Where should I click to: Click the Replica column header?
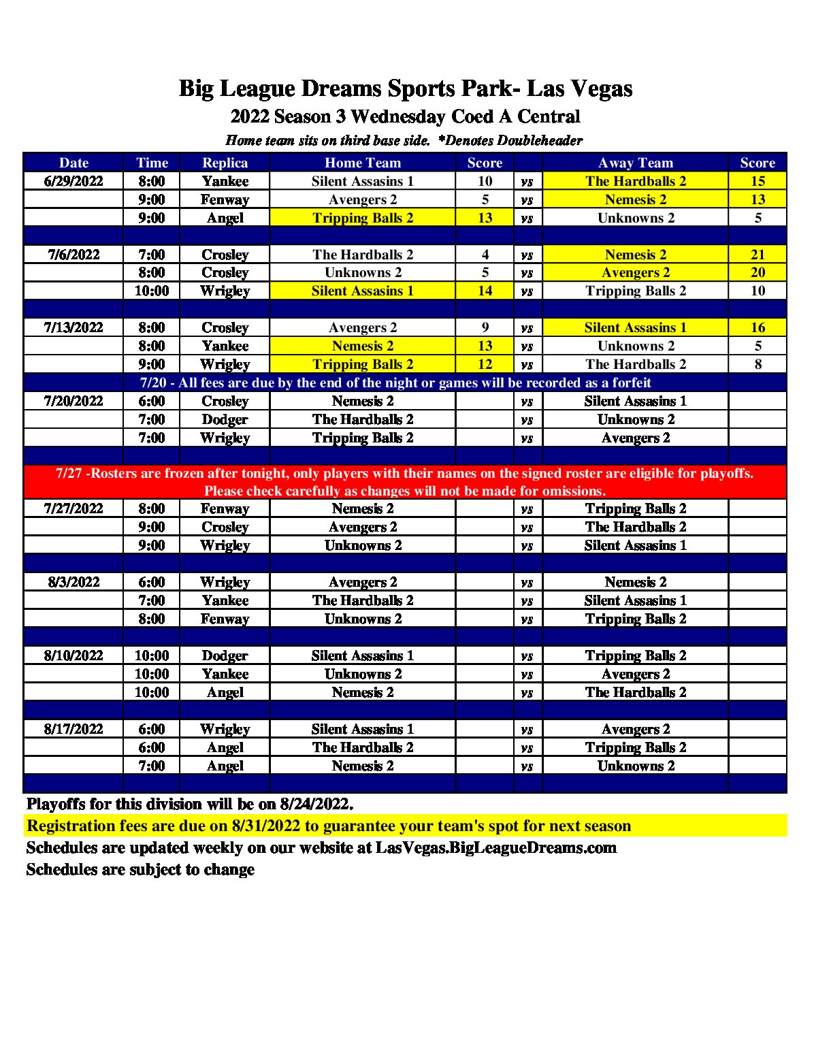pyautogui.click(x=225, y=163)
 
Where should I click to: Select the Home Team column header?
pyautogui.click(x=362, y=163)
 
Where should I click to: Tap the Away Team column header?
pyautogui.click(x=635, y=163)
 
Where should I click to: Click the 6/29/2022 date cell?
pyautogui.click(x=74, y=181)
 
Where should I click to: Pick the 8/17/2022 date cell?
pyautogui.click(x=74, y=729)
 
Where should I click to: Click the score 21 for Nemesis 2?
pyautogui.click(x=758, y=255)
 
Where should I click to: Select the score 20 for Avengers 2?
pyautogui.click(x=758, y=273)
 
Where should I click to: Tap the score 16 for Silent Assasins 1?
pyautogui.click(x=758, y=327)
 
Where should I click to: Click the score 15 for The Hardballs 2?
pyautogui.click(x=758, y=181)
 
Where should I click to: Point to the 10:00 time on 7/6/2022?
pyautogui.click(x=152, y=291)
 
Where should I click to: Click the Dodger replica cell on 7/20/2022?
pyautogui.click(x=225, y=419)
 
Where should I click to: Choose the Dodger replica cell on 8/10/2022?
pyautogui.click(x=225, y=655)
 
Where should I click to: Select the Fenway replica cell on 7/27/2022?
pyautogui.click(x=225, y=508)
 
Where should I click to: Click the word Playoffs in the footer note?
pyautogui.click(x=56, y=804)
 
